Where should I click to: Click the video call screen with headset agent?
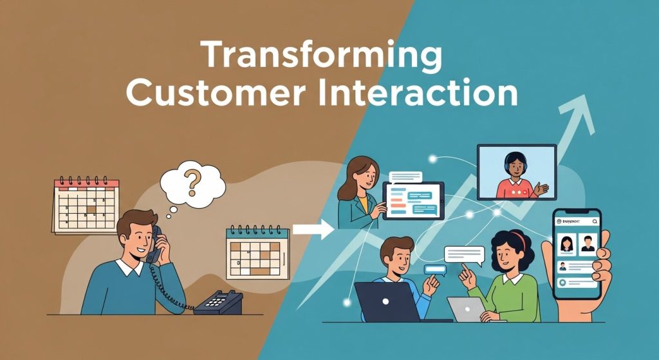516,171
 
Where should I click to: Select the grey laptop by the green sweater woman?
465,309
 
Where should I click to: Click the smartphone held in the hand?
577,254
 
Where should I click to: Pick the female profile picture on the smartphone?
568,244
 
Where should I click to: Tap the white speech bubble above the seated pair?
463,254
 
